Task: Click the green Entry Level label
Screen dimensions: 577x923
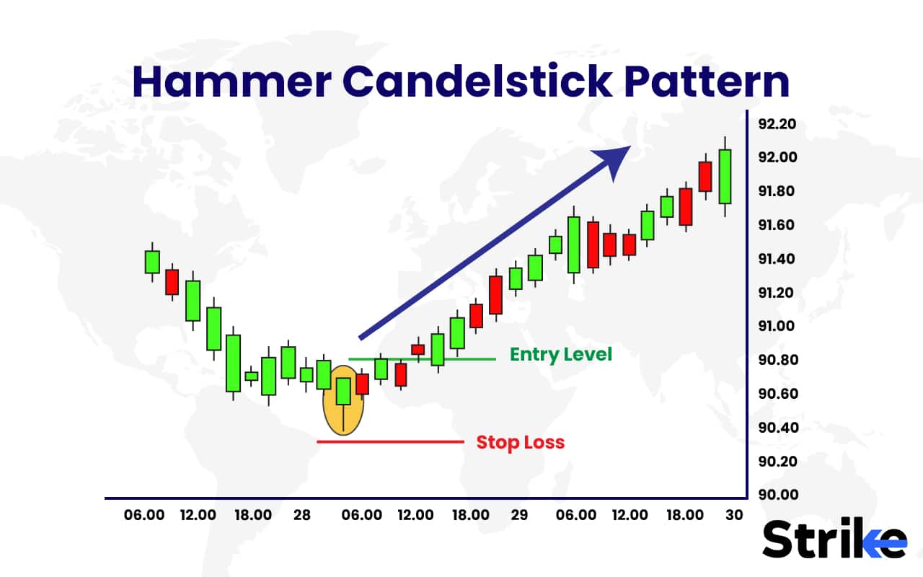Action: (560, 354)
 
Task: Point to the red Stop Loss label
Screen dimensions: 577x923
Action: (520, 442)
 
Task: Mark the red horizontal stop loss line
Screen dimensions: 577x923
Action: (389, 441)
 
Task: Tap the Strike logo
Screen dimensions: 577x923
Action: (834, 539)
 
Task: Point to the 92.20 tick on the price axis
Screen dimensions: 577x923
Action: (777, 124)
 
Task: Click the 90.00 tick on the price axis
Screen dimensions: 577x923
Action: (777, 495)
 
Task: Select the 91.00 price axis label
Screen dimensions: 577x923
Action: (777, 326)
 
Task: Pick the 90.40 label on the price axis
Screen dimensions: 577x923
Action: (777, 428)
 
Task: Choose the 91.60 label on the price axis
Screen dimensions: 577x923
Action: (777, 225)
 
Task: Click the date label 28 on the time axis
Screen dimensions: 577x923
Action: (302, 516)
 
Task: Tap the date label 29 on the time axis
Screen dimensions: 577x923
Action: (518, 516)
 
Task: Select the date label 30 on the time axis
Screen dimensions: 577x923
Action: (733, 516)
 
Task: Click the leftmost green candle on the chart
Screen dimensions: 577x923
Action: (151, 261)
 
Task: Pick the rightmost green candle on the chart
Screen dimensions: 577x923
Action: (725, 176)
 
